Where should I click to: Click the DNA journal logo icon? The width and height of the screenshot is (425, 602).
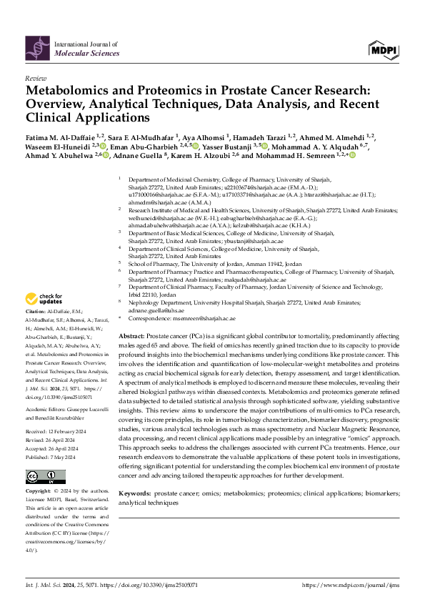point(38,48)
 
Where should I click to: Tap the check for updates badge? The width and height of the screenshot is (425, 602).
point(44,298)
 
